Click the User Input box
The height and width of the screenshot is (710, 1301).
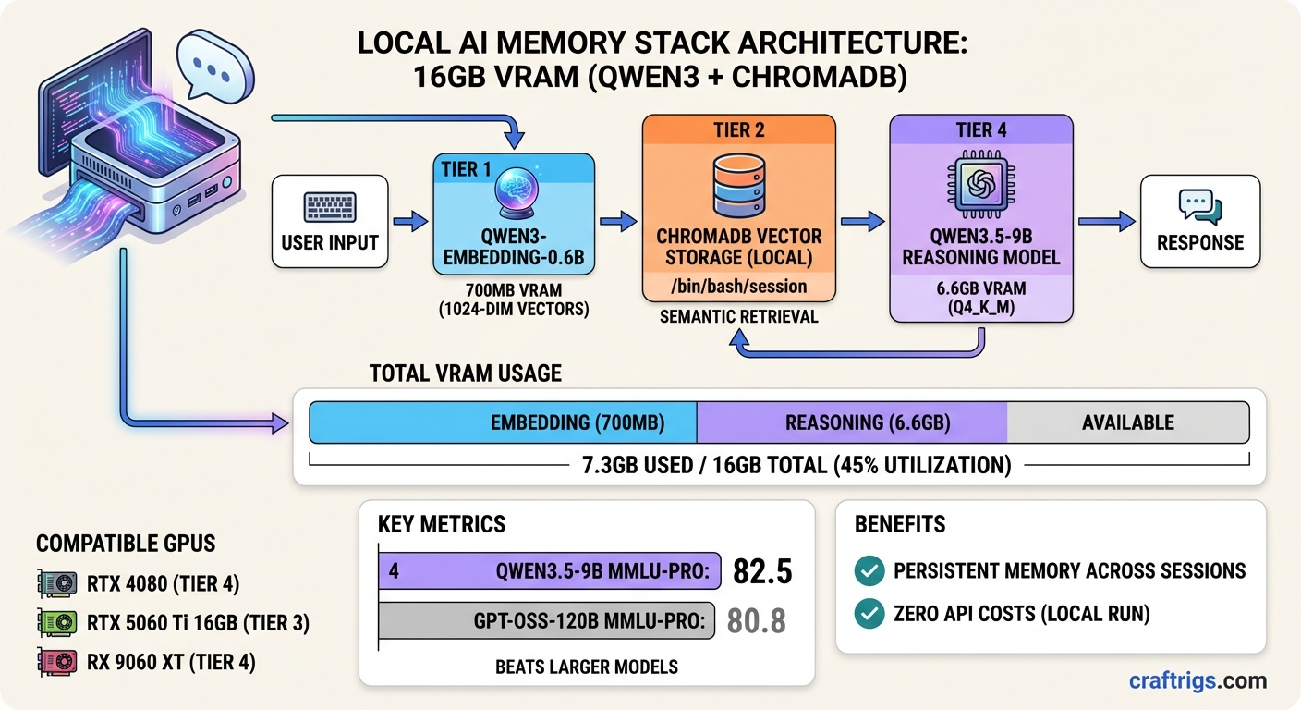pyautogui.click(x=329, y=222)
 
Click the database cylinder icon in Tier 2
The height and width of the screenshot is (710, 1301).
pyautogui.click(x=737, y=184)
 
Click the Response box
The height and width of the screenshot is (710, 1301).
pyautogui.click(x=1199, y=222)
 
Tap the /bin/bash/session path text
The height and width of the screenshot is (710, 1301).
pyautogui.click(x=738, y=287)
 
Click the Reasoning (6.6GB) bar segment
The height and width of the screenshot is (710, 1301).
pyautogui.click(x=850, y=422)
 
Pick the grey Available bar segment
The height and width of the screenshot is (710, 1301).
pyautogui.click(x=1127, y=422)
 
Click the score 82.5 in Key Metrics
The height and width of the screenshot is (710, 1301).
pyautogui.click(x=762, y=571)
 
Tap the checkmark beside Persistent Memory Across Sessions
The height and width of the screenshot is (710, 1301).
pyautogui.click(x=869, y=571)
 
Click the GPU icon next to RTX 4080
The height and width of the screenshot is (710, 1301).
pyautogui.click(x=57, y=582)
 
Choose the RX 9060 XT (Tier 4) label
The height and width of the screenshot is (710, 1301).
pyautogui.click(x=171, y=662)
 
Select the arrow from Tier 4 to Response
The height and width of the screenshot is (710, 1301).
pyautogui.click(x=1107, y=222)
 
